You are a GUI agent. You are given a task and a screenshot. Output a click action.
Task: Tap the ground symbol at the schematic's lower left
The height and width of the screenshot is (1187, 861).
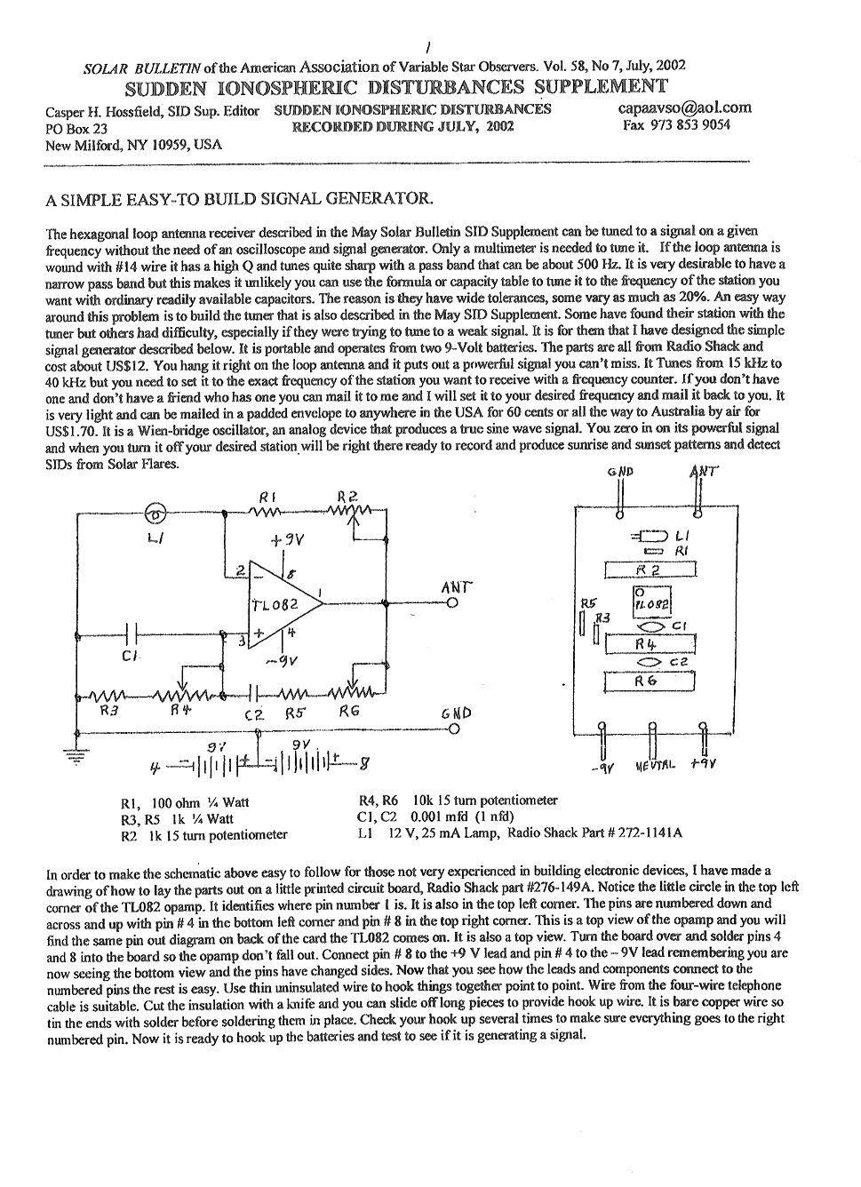tap(76, 755)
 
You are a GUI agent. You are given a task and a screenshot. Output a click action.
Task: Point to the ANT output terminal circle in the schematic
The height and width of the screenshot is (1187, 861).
tap(452, 603)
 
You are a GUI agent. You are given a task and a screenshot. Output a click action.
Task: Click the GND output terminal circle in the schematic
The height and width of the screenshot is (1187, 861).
tap(452, 729)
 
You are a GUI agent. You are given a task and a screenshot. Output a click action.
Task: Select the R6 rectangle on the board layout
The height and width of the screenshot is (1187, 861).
tap(650, 681)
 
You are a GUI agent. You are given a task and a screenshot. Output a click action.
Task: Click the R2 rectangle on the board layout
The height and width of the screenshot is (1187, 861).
tap(650, 570)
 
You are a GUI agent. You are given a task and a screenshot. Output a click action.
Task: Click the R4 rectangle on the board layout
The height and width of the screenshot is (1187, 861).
tap(650, 643)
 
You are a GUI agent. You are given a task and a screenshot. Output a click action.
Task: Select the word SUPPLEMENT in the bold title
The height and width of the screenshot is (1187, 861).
tap(601, 86)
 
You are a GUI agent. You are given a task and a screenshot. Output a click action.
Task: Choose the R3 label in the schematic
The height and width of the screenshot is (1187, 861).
tap(108, 710)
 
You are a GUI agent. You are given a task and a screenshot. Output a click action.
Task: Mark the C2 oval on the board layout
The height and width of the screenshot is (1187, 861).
tap(649, 662)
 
